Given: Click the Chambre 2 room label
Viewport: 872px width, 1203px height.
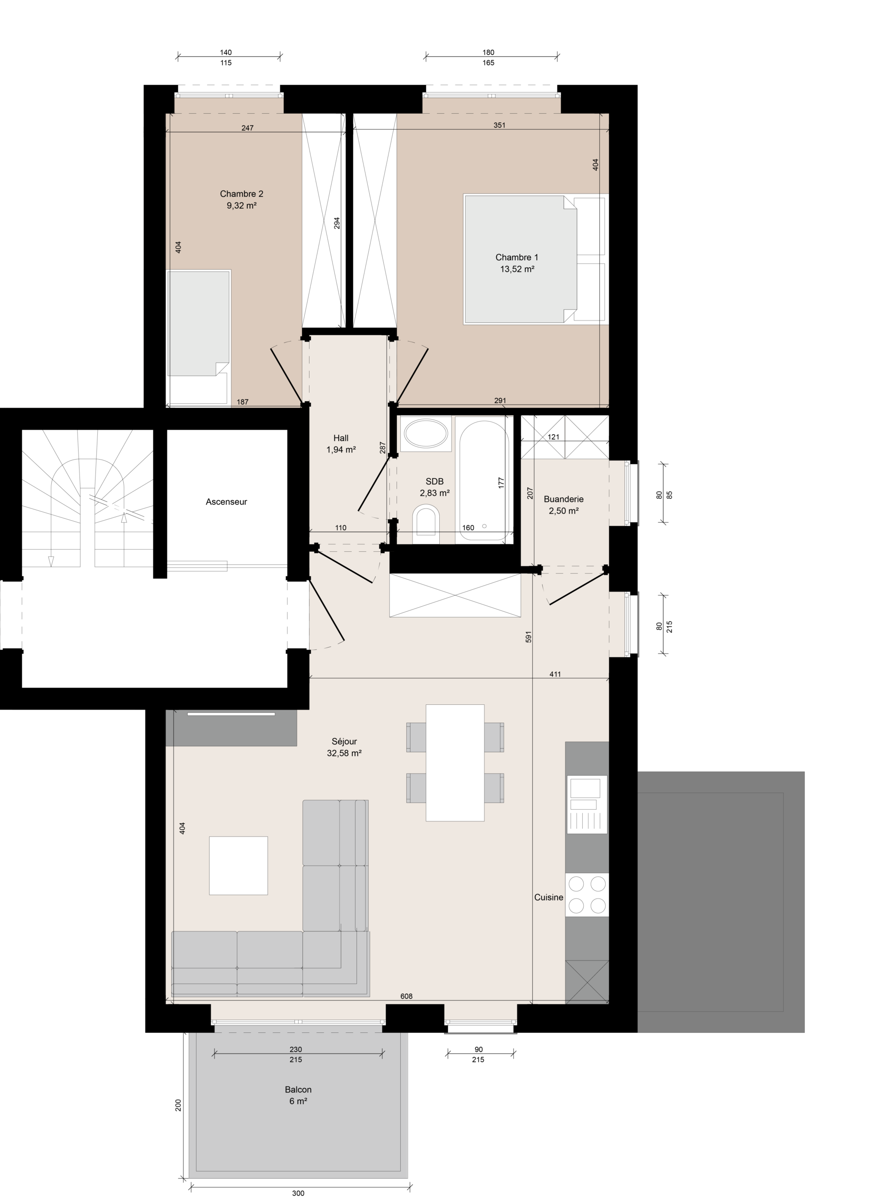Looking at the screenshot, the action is (241, 194).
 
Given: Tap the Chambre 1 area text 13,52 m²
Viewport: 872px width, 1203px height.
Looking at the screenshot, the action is (517, 269).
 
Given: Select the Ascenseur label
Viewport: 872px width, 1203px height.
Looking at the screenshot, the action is (227, 502).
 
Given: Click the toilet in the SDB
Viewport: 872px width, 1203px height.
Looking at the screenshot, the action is (426, 522).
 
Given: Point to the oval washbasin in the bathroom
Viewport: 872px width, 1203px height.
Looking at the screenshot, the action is (426, 433).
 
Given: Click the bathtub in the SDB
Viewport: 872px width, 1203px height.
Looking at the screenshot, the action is (484, 480).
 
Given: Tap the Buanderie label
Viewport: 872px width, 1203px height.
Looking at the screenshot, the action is (563, 499).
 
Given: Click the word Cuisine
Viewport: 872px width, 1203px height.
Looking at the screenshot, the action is (549, 898).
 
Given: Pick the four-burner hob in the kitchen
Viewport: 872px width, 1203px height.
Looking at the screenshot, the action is (587, 895).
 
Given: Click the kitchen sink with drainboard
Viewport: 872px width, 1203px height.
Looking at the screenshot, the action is (587, 805).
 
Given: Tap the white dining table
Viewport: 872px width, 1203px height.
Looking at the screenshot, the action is (455, 763).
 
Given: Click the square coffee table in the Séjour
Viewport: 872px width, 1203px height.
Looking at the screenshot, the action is (238, 866).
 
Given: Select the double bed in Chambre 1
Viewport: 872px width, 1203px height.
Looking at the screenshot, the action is (535, 259).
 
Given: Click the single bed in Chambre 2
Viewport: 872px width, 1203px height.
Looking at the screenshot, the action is (198, 338).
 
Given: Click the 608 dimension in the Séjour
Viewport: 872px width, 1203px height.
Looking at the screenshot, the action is (406, 996).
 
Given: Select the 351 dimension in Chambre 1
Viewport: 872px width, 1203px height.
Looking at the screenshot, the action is (499, 125).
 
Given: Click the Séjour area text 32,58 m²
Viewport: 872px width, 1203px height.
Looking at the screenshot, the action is (344, 753).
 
